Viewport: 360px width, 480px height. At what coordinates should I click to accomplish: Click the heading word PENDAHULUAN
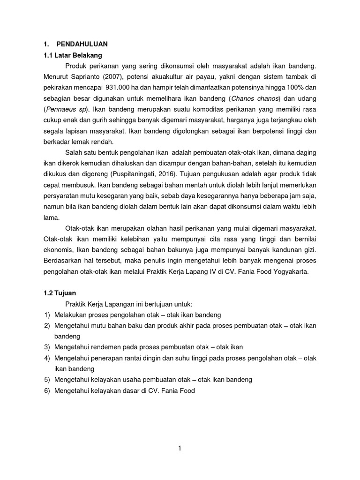click(x=82, y=44)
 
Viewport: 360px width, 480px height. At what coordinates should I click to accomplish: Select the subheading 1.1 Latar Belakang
click(x=69, y=55)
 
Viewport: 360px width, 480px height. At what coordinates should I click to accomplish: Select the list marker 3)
click(x=47, y=347)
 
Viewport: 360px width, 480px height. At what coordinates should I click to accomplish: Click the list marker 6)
click(x=47, y=390)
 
